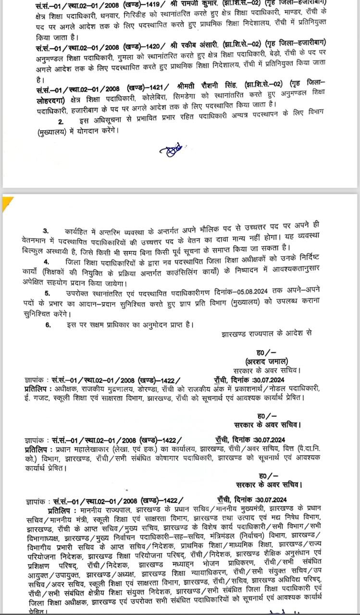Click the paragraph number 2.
61,123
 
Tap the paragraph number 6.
48,325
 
